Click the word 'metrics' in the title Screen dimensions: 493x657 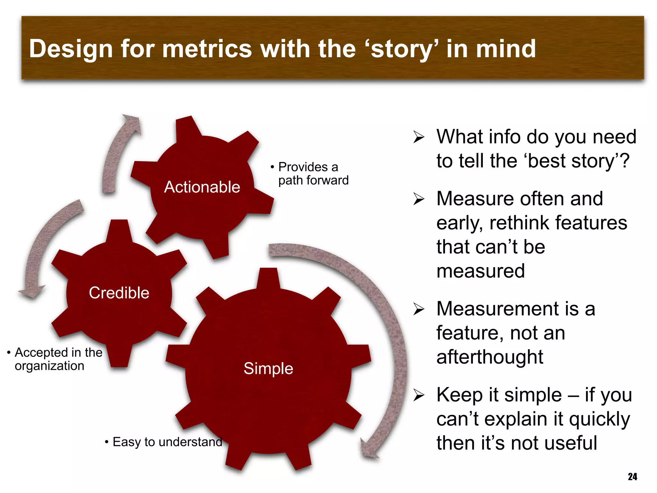pyautogui.click(x=207, y=49)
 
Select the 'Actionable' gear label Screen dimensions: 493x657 pyautogui.click(x=202, y=187)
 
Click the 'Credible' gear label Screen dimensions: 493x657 pyautogui.click(x=119, y=293)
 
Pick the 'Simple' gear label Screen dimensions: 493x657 pyautogui.click(x=268, y=368)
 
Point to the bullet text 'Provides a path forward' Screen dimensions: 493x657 pyautogui.click(x=313, y=174)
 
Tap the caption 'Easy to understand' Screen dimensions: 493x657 pyautogui.click(x=167, y=442)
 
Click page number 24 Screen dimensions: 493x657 pyautogui.click(x=632, y=477)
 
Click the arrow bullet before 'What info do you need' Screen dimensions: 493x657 pyautogui.click(x=419, y=137)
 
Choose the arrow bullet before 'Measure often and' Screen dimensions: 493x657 pyautogui.click(x=419, y=199)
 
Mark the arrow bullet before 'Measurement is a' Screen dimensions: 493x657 pyautogui.click(x=419, y=309)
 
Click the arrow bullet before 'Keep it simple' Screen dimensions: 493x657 pyautogui.click(x=419, y=395)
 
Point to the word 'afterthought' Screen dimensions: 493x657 pyautogui.click(x=490, y=357)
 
